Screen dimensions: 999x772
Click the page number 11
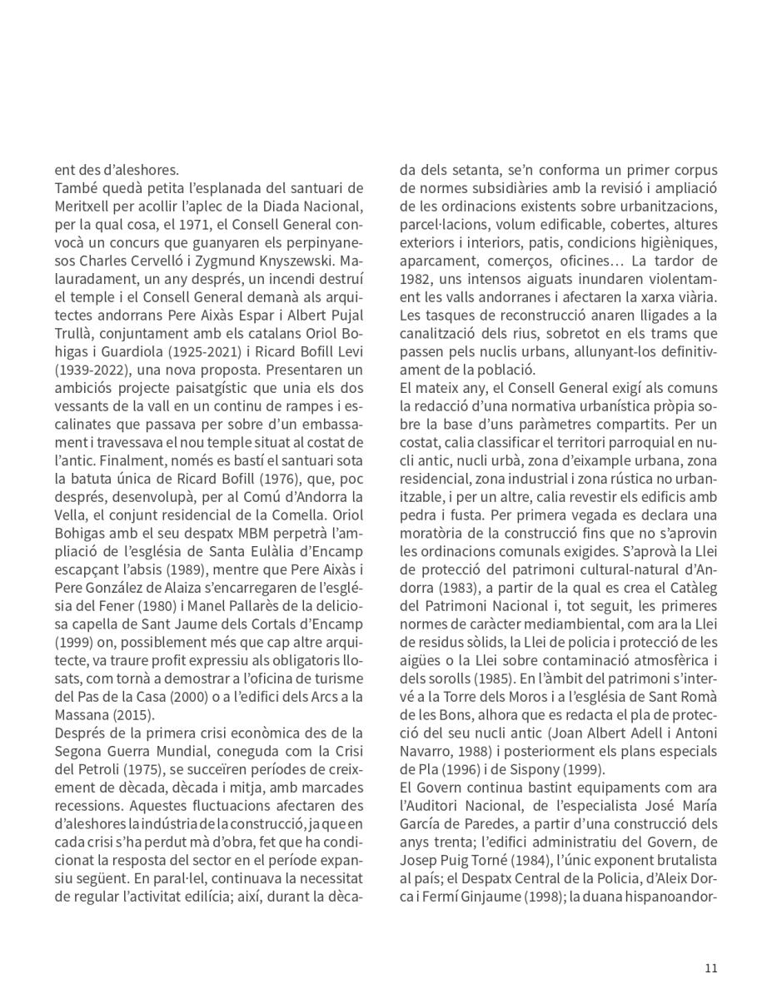click(710, 967)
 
